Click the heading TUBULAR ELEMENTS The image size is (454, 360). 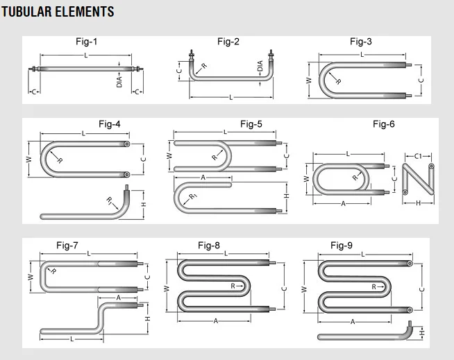pyautogui.click(x=58, y=12)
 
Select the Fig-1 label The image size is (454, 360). pyautogui.click(x=86, y=42)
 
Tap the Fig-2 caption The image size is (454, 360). pyautogui.click(x=228, y=42)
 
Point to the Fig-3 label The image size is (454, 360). pyautogui.click(x=360, y=42)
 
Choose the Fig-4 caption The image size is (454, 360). pyautogui.click(x=109, y=124)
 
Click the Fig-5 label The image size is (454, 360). pyautogui.click(x=251, y=124)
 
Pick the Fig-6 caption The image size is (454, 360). pyautogui.click(x=383, y=124)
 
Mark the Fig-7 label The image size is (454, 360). pyautogui.click(x=67, y=245)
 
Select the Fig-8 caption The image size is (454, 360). pyautogui.click(x=208, y=245)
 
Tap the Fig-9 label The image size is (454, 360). pyautogui.click(x=342, y=245)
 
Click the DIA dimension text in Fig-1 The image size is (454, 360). pyautogui.click(x=119, y=81)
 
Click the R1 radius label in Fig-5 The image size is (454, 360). pyautogui.click(x=192, y=198)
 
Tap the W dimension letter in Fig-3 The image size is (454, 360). pyautogui.click(x=309, y=80)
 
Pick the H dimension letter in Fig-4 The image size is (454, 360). pyautogui.click(x=144, y=205)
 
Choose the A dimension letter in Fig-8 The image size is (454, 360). pyautogui.click(x=216, y=321)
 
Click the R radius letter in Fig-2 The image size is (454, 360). pyautogui.click(x=203, y=67)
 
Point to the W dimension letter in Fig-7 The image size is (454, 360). pyautogui.click(x=30, y=276)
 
